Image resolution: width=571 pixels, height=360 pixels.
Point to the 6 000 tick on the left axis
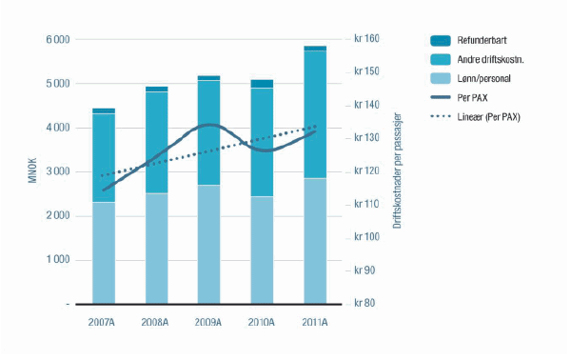coord(57,40)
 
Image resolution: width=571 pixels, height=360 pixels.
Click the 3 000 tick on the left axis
coord(57,172)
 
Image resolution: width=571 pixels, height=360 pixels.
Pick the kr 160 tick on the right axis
coord(366,39)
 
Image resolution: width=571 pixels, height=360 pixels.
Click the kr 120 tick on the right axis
coord(366,171)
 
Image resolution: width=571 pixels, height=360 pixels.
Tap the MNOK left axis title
coord(31,172)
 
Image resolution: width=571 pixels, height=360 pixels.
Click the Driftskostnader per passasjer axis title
coord(396,172)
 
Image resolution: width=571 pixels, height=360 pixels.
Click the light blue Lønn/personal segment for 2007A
coord(104,252)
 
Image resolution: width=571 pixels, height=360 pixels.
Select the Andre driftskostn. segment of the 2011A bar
coord(315,114)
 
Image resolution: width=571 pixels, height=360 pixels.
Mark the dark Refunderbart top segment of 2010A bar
coord(262,84)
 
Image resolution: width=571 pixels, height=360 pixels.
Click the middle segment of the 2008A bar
coord(156,143)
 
